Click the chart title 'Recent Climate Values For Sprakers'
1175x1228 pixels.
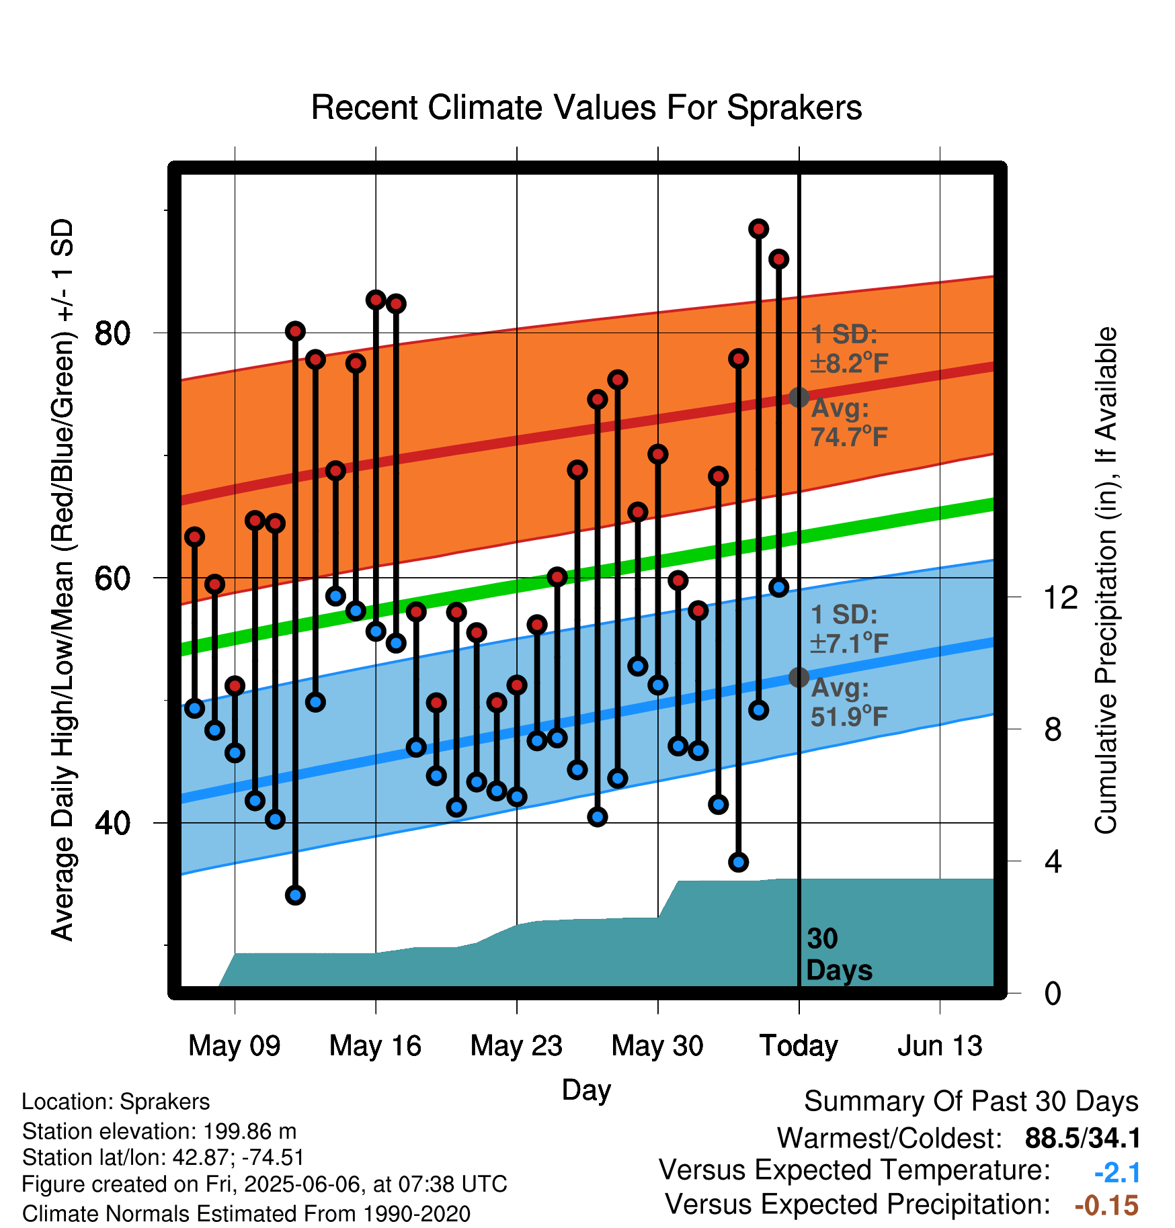click(586, 107)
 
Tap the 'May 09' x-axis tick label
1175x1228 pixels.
click(234, 1045)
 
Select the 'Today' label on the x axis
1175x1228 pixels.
click(799, 1045)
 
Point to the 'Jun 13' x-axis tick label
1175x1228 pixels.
click(940, 1045)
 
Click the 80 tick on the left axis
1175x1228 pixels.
click(113, 333)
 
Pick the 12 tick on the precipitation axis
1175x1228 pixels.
click(1061, 597)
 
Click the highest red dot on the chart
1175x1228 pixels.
click(758, 229)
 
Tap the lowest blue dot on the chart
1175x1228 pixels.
click(295, 895)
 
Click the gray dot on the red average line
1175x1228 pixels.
click(799, 397)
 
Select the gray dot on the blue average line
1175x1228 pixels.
click(799, 677)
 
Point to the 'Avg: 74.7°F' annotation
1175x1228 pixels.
click(850, 423)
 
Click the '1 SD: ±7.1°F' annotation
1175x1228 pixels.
click(850, 629)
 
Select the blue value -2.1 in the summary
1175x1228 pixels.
click(1117, 1173)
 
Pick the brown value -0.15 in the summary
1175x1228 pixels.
click(1107, 1206)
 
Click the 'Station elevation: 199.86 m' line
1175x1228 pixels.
click(159, 1131)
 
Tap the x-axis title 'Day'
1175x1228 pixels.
click(586, 1090)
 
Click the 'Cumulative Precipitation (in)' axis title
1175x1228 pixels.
click(1105, 580)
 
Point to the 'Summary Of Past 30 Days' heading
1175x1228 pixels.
click(971, 1102)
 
